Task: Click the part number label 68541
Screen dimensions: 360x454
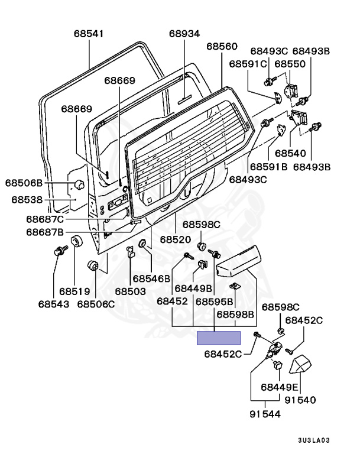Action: [89, 34]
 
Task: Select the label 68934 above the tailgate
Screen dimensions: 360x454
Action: [184, 34]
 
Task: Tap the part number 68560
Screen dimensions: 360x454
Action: [222, 46]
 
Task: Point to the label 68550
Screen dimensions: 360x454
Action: [290, 64]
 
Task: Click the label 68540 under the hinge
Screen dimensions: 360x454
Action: [290, 153]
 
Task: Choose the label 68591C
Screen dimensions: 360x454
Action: [248, 64]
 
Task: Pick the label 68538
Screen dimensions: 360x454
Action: [27, 200]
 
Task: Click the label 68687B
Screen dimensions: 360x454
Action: [45, 232]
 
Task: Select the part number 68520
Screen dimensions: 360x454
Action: [176, 239]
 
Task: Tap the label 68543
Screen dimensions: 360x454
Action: [54, 304]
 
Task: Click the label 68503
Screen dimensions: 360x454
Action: [130, 291]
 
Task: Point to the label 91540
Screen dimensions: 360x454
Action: [300, 400]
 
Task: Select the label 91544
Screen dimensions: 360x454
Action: [265, 414]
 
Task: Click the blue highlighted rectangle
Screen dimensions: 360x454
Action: [219, 338]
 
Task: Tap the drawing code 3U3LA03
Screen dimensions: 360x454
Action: [314, 440]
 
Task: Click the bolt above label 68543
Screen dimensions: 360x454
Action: [60, 250]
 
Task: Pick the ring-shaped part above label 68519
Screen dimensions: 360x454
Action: [77, 241]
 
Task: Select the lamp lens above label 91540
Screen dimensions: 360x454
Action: [301, 364]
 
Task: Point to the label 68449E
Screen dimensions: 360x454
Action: [279, 387]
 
